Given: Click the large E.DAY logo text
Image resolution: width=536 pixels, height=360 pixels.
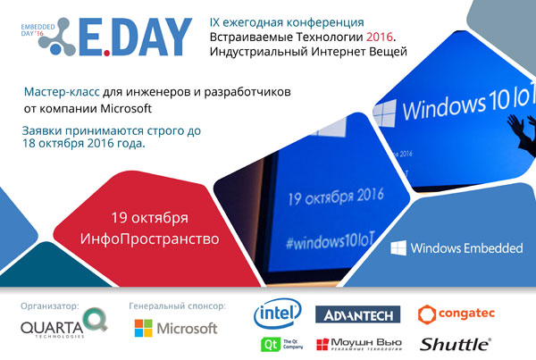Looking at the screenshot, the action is pos(135,37).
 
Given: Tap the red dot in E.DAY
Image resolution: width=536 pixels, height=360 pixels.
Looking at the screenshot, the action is pos(107,53).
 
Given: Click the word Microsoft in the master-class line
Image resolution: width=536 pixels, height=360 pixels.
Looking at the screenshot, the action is pos(126,109).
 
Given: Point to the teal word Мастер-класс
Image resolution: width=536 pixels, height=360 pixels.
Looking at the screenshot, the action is pos(62,92).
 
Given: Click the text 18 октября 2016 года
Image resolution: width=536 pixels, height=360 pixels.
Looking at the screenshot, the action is pos(84,143).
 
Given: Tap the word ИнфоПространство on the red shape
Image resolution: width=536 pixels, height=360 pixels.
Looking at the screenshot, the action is pos(149,239).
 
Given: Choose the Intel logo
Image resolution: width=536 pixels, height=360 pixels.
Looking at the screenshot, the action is pos(278,314).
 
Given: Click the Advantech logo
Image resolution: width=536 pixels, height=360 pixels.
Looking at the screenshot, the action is pos(357,314).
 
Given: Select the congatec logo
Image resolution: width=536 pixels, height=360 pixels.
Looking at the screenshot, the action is pos(456,314).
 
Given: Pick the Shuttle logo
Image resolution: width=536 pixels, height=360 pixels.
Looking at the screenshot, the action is pos(456,344).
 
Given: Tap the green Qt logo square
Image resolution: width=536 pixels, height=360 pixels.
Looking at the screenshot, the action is pos(270,344).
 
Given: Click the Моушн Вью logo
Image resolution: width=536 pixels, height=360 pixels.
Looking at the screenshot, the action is pos(359,344).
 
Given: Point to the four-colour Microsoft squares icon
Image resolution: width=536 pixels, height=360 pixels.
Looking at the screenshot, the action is pos(143,328).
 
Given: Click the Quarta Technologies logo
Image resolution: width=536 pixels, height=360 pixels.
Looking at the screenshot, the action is pos(64,323).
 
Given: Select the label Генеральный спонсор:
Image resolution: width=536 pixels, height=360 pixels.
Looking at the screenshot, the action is pos(178,306).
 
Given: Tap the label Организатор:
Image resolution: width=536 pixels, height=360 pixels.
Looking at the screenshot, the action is pos(50,306).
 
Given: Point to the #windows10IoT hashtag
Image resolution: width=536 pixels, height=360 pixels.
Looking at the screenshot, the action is pos(331,240).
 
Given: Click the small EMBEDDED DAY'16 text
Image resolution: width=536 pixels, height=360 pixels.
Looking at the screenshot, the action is pos(38,30).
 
